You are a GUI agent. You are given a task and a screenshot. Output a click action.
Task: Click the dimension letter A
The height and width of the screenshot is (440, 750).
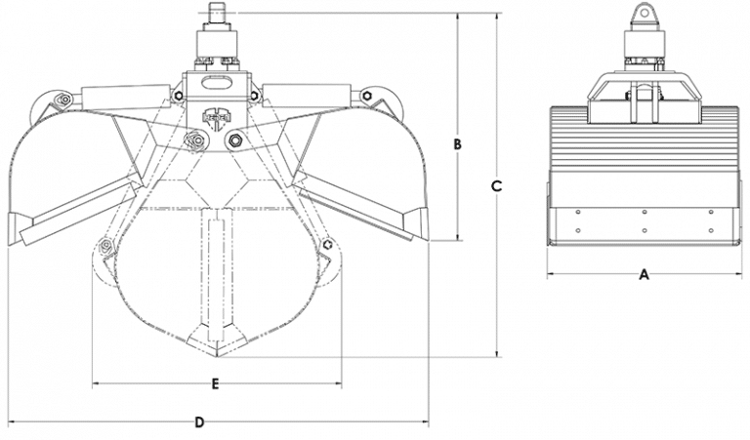point(644,275)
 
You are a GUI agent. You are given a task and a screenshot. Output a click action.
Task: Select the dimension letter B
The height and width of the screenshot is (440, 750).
point(457,144)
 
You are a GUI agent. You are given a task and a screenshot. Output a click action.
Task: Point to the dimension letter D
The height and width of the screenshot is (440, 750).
point(199,422)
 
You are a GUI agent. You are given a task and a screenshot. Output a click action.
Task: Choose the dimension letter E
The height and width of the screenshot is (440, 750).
point(215,383)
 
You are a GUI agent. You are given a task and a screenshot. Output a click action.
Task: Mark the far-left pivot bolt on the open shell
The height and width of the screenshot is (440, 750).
point(62,100)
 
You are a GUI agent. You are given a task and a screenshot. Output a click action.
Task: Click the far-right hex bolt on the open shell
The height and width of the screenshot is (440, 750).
point(367,96)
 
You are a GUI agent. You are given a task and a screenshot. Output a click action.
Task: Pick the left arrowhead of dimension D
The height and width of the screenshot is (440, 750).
point(11,422)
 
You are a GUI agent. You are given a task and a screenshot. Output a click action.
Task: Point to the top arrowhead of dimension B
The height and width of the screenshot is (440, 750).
point(457,18)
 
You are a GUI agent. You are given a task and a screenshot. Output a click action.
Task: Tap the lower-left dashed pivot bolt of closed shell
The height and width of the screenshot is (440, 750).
point(104,245)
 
